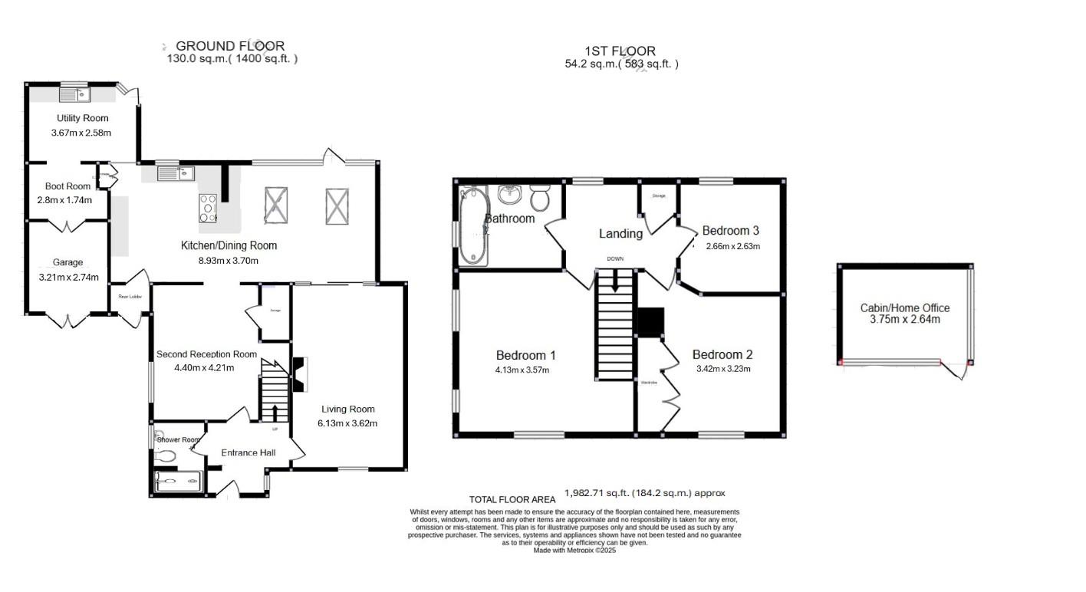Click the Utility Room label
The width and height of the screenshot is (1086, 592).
coord(82,118)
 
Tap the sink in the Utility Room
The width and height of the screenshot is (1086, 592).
coord(75,95)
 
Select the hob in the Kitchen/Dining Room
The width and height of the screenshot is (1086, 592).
coord(208,208)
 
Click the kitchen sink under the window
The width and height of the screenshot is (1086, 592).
coord(173,174)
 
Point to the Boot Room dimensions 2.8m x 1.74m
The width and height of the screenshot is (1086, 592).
coord(64,200)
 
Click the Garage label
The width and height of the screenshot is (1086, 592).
coord(67,262)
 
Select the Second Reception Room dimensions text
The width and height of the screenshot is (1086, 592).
coord(195,367)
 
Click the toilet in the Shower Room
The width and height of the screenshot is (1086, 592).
coord(165,456)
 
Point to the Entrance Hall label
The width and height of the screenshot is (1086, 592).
coord(248,452)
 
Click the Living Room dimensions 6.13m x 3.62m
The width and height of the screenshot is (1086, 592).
coord(347,423)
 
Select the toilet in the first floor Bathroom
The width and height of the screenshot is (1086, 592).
coord(540,198)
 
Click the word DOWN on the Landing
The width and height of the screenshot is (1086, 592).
coord(615,259)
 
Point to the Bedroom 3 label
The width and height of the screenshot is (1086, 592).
coord(730,230)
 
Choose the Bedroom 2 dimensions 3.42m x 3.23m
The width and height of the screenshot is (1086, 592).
coord(722,369)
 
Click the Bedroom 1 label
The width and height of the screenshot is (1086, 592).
coord(525,355)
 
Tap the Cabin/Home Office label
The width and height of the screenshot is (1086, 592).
coord(904,308)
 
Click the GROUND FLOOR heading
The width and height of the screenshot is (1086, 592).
coord(230,46)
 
